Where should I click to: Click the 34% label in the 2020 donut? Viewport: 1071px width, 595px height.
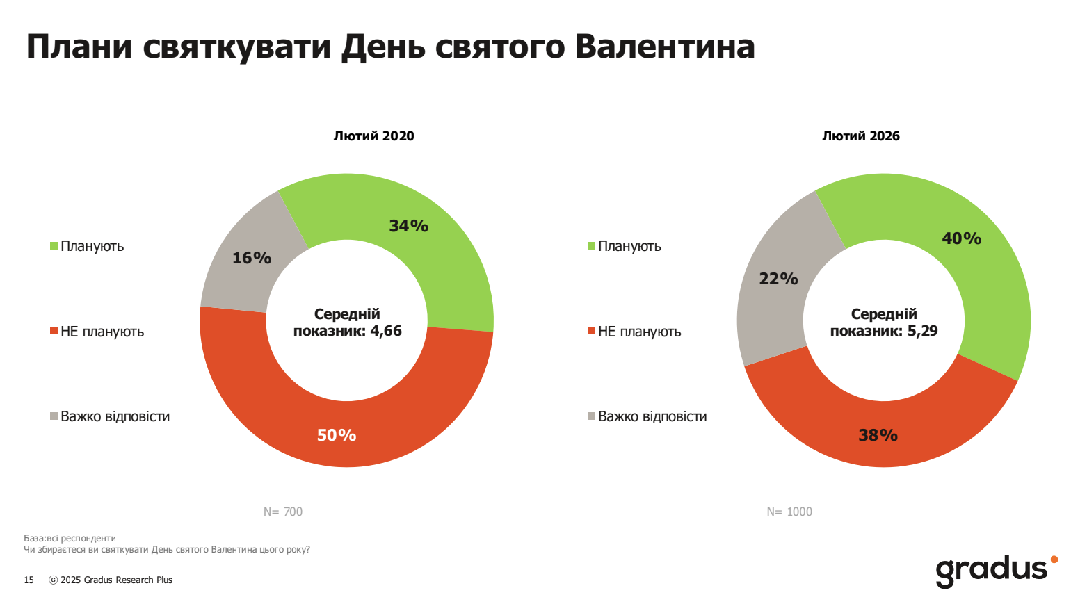408,226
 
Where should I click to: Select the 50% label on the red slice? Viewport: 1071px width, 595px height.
337,435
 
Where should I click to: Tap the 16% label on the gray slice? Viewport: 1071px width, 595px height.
252,258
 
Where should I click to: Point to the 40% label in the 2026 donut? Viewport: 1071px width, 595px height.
961,238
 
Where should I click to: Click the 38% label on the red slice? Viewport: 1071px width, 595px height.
878,435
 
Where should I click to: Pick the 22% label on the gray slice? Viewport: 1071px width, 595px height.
778,279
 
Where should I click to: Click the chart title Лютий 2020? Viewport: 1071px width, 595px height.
373,136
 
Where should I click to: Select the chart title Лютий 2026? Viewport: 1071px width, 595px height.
860,136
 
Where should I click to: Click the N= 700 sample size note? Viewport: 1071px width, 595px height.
283,512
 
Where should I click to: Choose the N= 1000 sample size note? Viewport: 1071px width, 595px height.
789,512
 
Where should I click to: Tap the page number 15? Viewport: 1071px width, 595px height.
29,580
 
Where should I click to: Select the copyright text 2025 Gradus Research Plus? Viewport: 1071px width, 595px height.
111,580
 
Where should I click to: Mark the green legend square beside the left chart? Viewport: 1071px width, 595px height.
54,246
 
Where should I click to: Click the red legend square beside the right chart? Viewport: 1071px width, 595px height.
591,331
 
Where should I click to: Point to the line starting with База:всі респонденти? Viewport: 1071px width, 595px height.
70,538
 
